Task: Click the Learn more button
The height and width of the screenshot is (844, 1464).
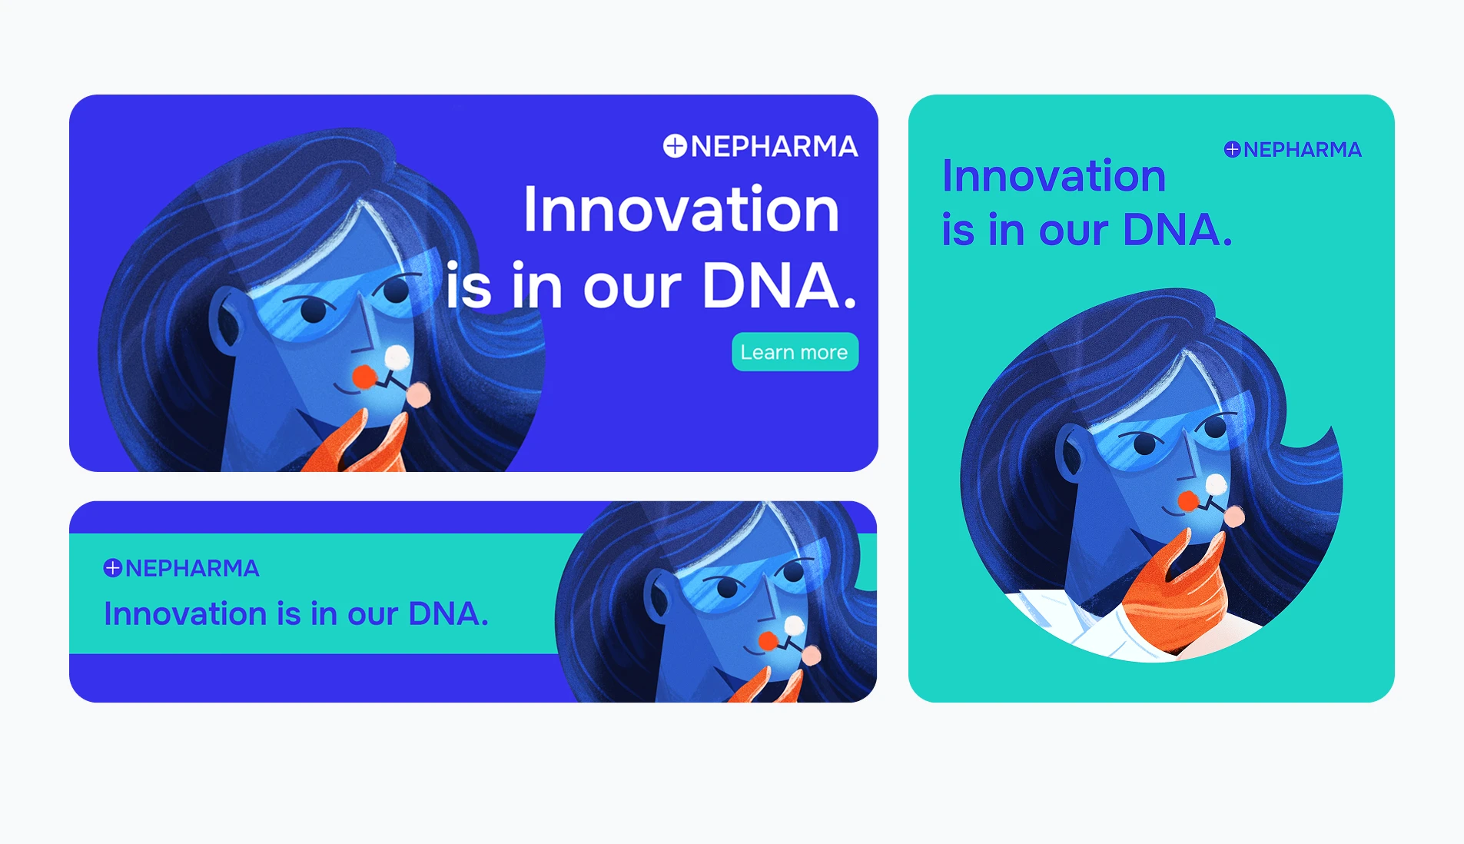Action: pyautogui.click(x=795, y=352)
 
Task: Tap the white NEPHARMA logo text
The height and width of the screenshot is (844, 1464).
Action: pyautogui.click(x=774, y=147)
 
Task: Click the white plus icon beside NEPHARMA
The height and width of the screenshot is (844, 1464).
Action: pyautogui.click(x=675, y=146)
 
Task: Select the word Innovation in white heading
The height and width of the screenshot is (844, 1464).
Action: pyautogui.click(x=681, y=209)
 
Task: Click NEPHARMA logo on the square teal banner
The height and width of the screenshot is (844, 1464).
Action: pyautogui.click(x=1293, y=149)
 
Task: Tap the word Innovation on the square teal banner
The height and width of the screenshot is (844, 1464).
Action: pyautogui.click(x=1054, y=176)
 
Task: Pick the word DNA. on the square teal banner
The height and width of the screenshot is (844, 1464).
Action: pyautogui.click(x=1177, y=230)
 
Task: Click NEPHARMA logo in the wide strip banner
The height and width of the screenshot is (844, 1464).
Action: pyautogui.click(x=181, y=568)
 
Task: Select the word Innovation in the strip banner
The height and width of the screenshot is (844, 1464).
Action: pyautogui.click(x=186, y=614)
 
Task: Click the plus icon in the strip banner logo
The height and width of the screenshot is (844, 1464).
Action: pyautogui.click(x=113, y=568)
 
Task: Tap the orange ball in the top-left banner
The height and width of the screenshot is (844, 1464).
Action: pyautogui.click(x=364, y=377)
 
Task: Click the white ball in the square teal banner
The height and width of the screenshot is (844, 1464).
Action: pyautogui.click(x=1217, y=484)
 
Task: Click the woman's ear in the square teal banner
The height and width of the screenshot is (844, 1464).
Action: pyautogui.click(x=1069, y=453)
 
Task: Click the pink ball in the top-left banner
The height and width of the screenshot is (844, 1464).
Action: pyautogui.click(x=418, y=395)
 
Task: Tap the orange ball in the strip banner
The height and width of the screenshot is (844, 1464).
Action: pyautogui.click(x=768, y=641)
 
